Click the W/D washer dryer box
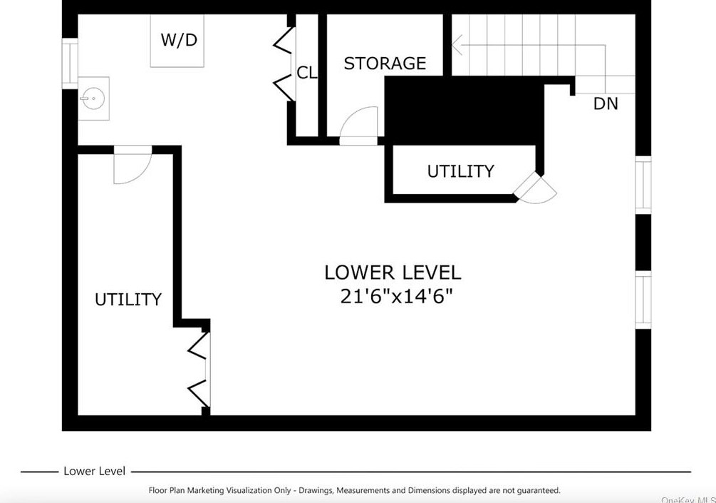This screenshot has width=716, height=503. pos(177,41)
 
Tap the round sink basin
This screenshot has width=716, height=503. pos(93,98)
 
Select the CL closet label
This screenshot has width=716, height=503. pos(307,73)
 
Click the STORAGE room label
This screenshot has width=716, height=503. pos(385,63)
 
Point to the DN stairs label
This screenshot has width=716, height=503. pos(606,103)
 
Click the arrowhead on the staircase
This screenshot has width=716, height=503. pos(457,45)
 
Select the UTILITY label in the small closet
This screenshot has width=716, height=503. pos(460,171)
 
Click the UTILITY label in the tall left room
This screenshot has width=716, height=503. pos(128,300)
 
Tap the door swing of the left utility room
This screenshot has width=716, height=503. pos(133,166)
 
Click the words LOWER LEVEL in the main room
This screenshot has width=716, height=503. pos(393,273)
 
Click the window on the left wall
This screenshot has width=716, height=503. pos(70,63)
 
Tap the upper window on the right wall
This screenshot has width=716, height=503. pos(643,186)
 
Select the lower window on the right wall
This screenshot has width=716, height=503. pos(643,300)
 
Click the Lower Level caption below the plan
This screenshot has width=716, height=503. pos(94,471)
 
